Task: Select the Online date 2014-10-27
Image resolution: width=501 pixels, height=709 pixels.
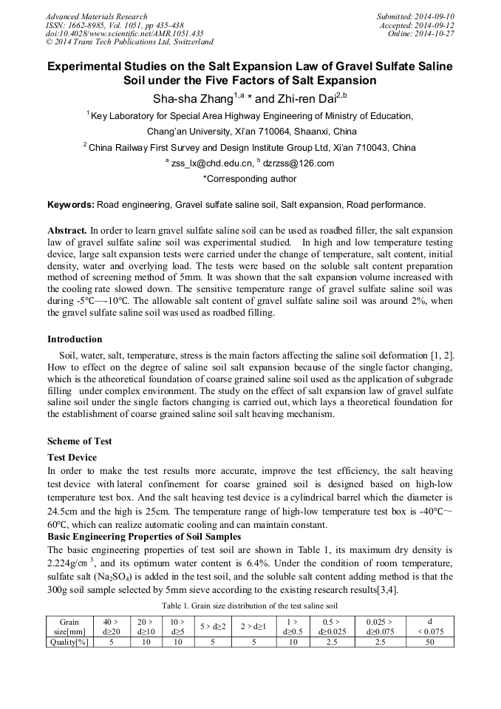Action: click(432, 33)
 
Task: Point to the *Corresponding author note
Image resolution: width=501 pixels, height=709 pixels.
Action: click(250, 179)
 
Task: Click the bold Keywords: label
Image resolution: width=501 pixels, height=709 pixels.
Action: click(71, 204)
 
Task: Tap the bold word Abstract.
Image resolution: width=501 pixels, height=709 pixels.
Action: click(67, 231)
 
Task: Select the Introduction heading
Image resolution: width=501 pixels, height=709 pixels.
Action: click(75, 339)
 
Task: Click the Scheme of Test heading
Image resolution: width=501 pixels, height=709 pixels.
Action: click(80, 441)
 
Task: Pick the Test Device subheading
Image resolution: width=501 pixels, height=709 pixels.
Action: click(72, 458)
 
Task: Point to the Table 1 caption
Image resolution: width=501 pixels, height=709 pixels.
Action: click(250, 605)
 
